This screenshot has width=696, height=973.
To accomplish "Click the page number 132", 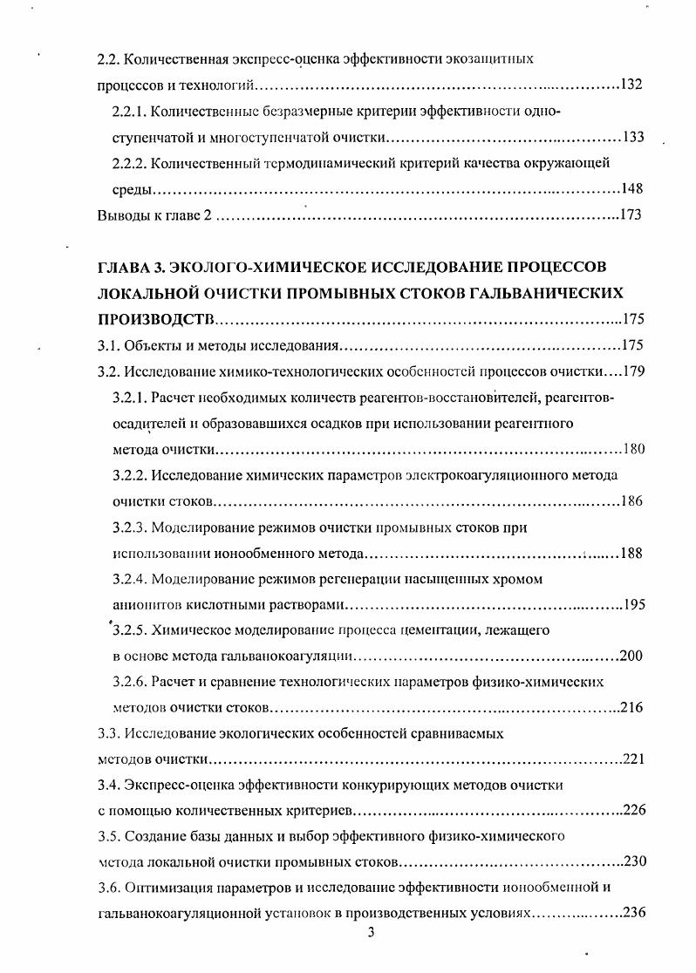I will point(631,86).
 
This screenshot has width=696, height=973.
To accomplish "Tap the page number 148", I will point(632,189).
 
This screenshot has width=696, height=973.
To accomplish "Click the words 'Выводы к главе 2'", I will point(154,215).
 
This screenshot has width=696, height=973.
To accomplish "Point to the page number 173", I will point(631,215).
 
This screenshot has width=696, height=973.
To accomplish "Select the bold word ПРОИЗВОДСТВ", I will point(158,318).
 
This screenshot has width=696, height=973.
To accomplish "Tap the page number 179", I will point(632,371).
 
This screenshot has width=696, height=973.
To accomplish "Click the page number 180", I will point(633,450).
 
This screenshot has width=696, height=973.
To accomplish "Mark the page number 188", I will point(631,554).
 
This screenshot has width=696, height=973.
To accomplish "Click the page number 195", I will point(631,604).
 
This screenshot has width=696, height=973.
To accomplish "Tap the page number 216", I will point(631,707).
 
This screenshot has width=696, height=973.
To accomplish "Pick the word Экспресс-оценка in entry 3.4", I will point(174,785).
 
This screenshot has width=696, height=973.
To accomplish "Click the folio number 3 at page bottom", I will point(371,934).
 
